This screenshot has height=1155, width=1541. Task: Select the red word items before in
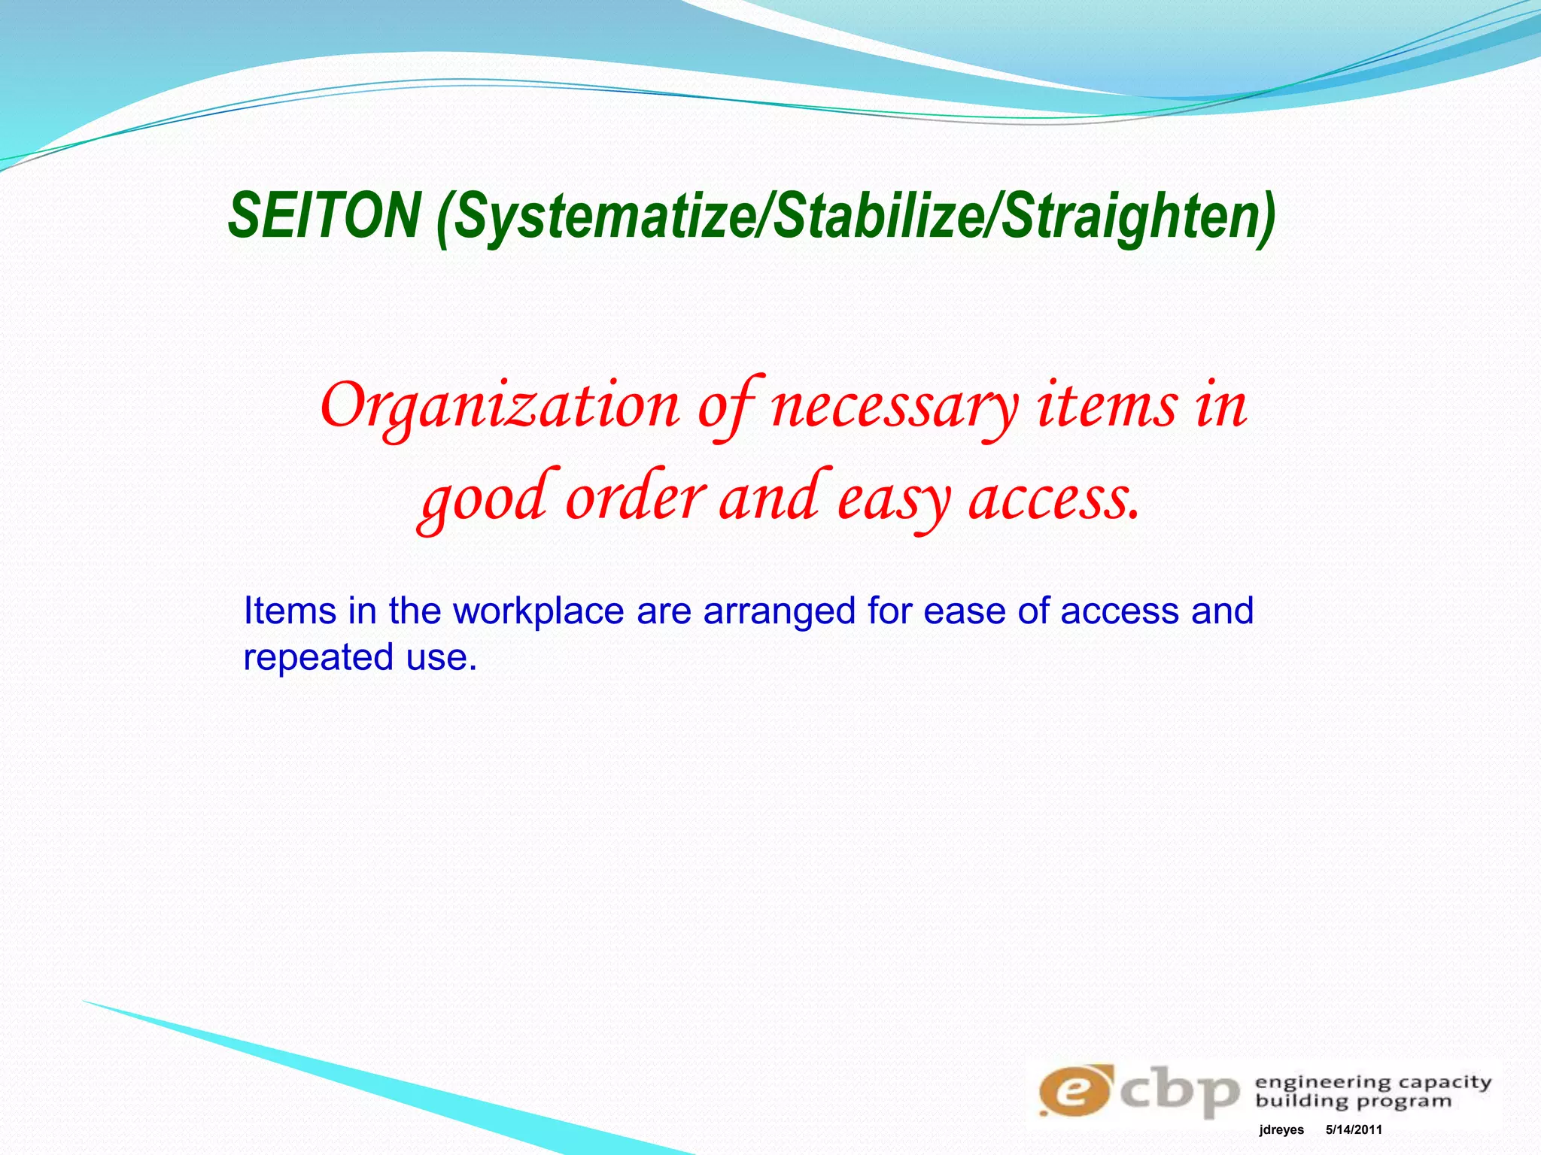click(1107, 406)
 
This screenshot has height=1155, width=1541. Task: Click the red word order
click(636, 499)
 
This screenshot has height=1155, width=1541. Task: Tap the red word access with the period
click(1053, 500)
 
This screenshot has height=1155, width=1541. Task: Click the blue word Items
click(289, 611)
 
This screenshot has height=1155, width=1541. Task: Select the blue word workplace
click(538, 611)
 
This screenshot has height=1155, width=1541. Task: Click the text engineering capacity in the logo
click(1372, 1083)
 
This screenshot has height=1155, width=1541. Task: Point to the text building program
click(1353, 1102)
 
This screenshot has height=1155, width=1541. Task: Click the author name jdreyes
click(1281, 1130)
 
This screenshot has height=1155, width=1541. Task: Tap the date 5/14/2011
click(1354, 1130)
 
